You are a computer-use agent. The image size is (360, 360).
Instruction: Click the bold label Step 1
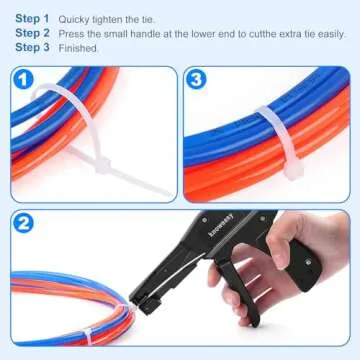(x=32, y=19)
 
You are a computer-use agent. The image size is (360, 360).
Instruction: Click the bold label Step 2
(x=32, y=33)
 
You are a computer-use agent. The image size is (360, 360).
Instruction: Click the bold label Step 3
(x=32, y=47)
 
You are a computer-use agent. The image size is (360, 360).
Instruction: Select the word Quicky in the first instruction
(x=73, y=19)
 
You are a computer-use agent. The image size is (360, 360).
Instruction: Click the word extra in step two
(x=269, y=33)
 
